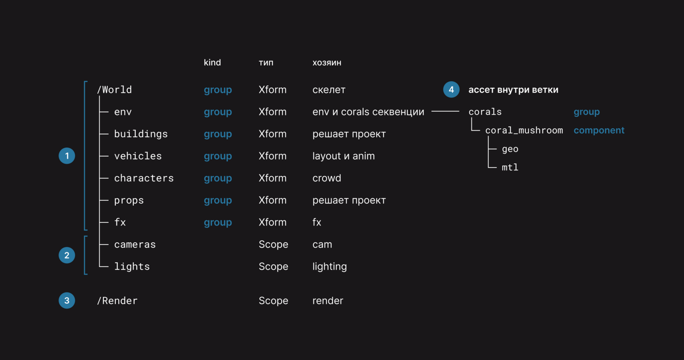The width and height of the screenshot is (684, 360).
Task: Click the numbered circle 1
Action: [x=67, y=156]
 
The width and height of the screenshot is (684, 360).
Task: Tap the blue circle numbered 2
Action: [x=67, y=255]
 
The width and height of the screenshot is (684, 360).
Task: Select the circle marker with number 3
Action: [x=67, y=301]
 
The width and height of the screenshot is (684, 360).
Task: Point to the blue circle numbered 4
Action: [x=451, y=89]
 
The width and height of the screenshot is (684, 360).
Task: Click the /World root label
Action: [x=114, y=90]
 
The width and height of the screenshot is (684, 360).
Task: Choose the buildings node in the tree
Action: [x=141, y=134]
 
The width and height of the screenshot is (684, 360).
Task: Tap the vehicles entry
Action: [x=138, y=156]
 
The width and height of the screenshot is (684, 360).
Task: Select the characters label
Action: [x=144, y=178]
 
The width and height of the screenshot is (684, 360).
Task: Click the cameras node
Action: [x=135, y=245]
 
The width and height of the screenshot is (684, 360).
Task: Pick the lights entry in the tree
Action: [x=132, y=266]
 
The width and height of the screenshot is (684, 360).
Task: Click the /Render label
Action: [x=117, y=301]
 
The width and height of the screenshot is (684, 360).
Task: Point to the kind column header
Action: [x=212, y=62]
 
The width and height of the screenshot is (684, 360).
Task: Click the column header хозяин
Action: [x=327, y=63]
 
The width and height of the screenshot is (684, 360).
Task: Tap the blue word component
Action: [x=599, y=131]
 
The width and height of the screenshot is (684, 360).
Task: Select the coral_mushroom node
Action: [x=524, y=131]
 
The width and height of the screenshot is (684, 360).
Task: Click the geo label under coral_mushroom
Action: [x=510, y=149]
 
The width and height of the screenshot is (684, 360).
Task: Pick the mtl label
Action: [x=510, y=167]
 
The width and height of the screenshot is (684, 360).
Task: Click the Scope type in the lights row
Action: [x=273, y=266]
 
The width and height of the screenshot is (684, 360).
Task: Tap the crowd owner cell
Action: [x=326, y=178]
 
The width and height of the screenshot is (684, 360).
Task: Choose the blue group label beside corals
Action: [x=586, y=112]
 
